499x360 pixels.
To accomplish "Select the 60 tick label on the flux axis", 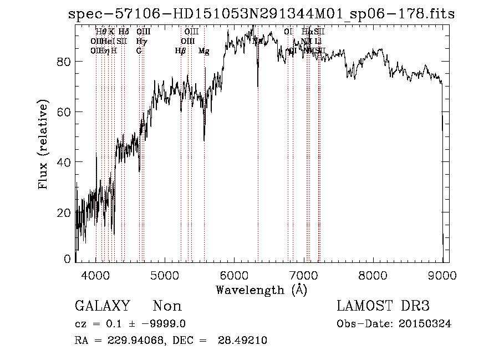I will tap(64, 111).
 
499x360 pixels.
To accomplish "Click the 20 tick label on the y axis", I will tap(64, 212).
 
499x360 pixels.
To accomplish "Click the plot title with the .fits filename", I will tap(261, 14).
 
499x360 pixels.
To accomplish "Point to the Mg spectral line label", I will tap(203, 51).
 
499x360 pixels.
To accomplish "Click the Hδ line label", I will tap(124, 32).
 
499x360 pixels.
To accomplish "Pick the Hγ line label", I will tap(142, 42).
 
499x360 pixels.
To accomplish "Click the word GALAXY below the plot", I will tap(103, 306).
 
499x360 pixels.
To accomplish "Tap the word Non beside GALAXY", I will tap(167, 306).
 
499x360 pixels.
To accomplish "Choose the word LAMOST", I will tap(361, 306).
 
